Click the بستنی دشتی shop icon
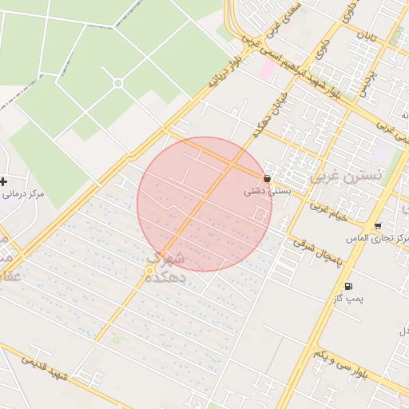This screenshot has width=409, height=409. click(267, 179)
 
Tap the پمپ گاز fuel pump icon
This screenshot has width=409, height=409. click(347, 286)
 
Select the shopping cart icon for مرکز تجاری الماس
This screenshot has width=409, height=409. click(377, 226)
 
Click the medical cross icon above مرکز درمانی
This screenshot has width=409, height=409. click(4, 181)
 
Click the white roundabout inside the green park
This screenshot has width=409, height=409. click(118, 83)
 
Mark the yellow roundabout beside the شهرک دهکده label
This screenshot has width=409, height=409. click(149, 272)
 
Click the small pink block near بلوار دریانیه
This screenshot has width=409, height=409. click(266, 70)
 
